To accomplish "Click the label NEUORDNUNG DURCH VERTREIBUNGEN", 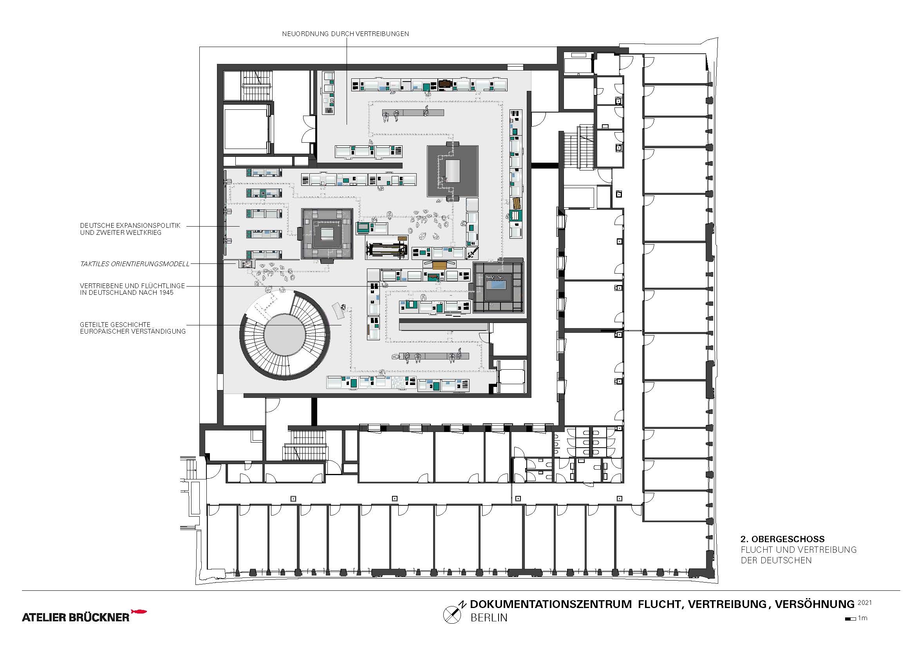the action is click(345, 34).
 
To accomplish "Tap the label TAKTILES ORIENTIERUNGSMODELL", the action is click(135, 264).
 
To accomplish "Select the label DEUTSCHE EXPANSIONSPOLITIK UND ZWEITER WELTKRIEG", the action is click(130, 229).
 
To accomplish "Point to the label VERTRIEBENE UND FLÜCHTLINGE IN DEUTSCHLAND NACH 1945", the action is click(132, 289).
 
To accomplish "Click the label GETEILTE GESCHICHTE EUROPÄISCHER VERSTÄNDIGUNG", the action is click(133, 328).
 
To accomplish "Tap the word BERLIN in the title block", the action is click(489, 618).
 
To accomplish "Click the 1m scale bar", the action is click(850, 619).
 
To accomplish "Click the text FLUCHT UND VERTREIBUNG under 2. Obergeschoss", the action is click(799, 550).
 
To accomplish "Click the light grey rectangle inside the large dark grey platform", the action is click(452, 171).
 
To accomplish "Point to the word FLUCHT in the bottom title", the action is click(659, 604).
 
